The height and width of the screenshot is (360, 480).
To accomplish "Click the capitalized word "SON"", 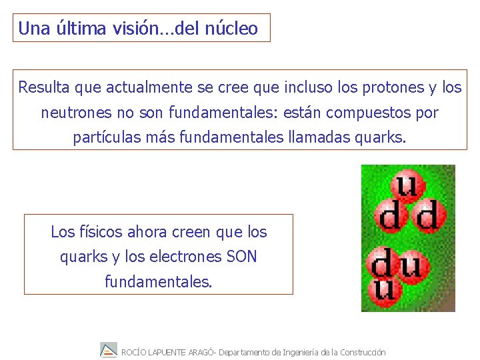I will tap(241, 257).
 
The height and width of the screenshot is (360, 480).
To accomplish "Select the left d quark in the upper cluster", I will tap(390, 215).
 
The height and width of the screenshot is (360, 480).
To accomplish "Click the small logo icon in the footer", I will tap(109, 350).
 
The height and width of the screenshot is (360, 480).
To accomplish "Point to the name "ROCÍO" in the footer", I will tap(134, 352).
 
